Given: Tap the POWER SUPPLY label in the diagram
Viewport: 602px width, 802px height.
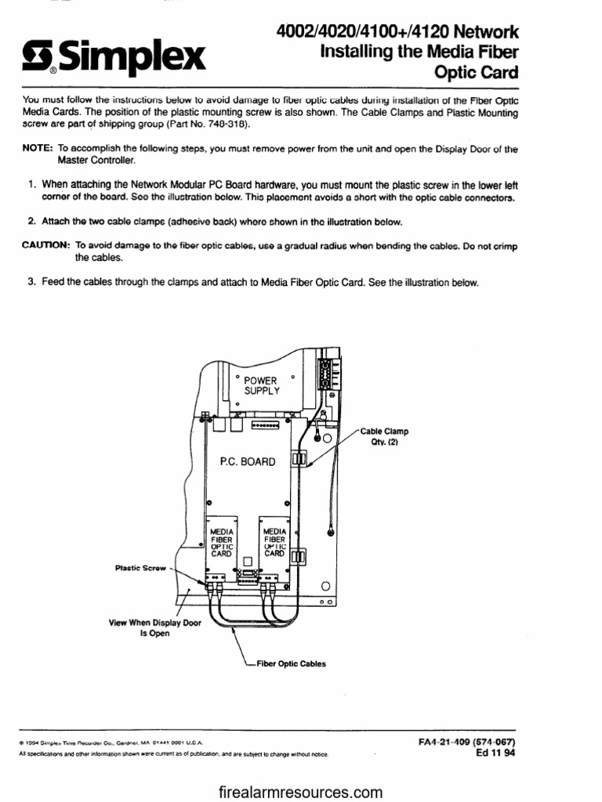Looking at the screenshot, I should tap(261, 385).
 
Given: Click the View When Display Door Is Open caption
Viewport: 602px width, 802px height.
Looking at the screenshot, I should tap(155, 628).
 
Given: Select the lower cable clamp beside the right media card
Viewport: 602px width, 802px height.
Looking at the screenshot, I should tap(298, 558).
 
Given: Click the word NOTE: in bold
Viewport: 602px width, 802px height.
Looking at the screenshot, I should tap(38, 148).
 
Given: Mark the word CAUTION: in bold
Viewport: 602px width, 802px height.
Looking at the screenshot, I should tap(46, 246).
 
